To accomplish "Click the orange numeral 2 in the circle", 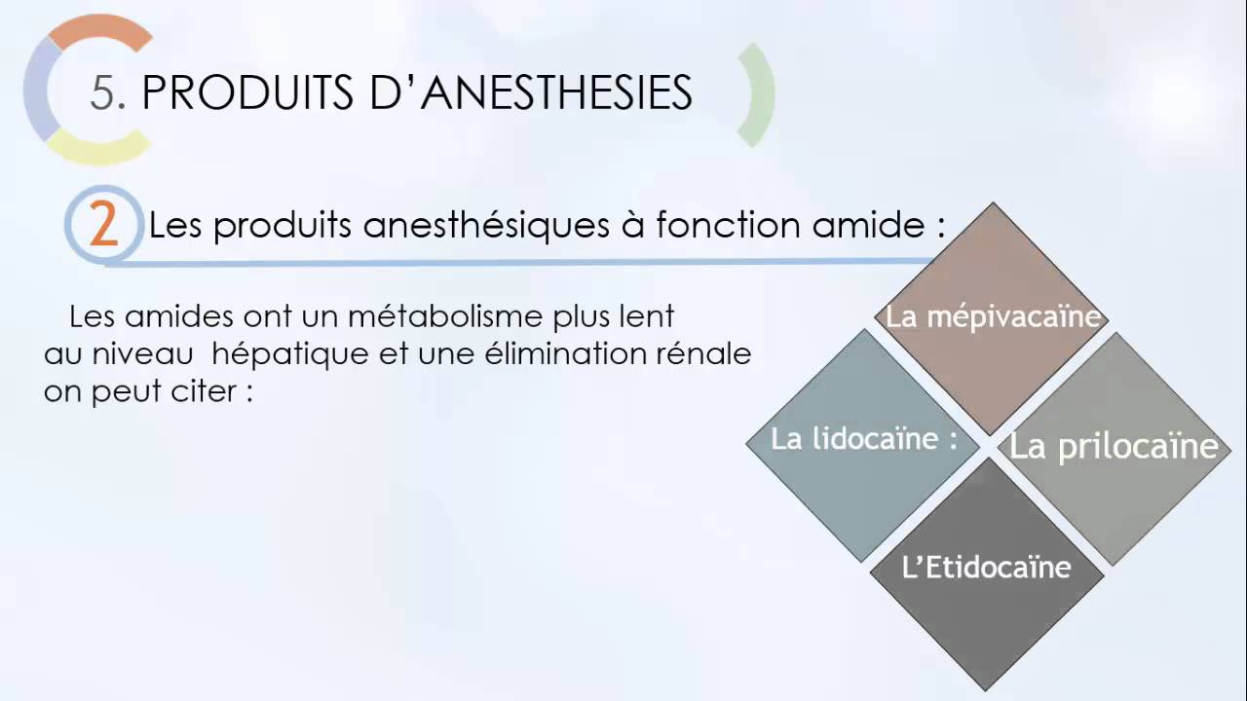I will (x=103, y=225).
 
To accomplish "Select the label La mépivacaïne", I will (x=993, y=317).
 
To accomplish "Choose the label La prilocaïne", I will (x=1114, y=446).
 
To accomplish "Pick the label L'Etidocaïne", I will (x=987, y=568).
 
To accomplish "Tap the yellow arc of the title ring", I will (x=97, y=148).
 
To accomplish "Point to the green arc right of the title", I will (x=759, y=94).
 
